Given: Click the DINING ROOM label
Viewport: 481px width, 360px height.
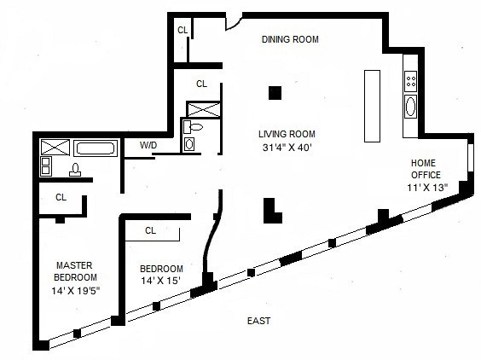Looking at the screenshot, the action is coord(290,39).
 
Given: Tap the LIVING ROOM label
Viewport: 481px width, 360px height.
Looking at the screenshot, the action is coord(287,134).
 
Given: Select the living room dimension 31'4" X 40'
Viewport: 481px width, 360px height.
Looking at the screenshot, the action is coord(287,148).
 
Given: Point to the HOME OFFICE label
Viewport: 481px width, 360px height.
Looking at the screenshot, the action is coord(426,169).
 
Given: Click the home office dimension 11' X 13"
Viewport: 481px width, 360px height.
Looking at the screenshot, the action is coord(427,187).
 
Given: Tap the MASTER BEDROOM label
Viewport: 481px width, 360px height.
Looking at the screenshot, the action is coord(74,271).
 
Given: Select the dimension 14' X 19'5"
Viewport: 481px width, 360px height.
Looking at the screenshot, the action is coord(75,290).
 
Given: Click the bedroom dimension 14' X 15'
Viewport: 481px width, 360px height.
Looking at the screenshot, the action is coord(160,281).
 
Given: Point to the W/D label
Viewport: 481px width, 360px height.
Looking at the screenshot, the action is coord(148,145).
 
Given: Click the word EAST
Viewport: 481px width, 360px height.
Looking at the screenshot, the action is coord(258,321).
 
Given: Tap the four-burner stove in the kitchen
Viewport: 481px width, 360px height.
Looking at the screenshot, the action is coord(410,81).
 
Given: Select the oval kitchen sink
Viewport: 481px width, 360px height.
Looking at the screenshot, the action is coord(410,106).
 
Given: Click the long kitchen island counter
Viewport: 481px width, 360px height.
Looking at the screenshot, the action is coord(372,106).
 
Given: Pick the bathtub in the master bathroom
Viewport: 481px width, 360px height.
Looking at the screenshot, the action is coord(96,148).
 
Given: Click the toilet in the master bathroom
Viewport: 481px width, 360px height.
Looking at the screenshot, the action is coord(75,170).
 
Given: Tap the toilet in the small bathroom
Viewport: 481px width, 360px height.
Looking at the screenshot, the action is coord(194,127).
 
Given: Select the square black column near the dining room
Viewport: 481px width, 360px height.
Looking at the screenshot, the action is coord(275,93).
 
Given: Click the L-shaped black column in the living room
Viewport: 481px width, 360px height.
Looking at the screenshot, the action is coord(272,211).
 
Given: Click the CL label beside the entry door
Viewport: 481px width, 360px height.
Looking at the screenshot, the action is coord(183,30).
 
